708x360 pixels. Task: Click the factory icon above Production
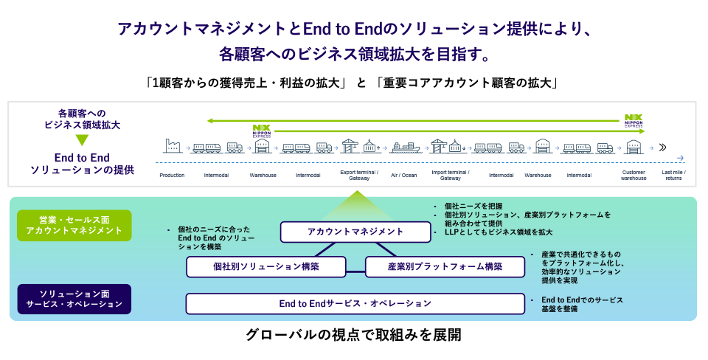[172, 145]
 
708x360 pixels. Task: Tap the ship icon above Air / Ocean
[405, 147]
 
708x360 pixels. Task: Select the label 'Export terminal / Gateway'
[358, 175]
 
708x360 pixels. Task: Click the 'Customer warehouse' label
[633, 175]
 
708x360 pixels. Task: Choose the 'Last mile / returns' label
[673, 175]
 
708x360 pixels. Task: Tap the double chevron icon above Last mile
[662, 147]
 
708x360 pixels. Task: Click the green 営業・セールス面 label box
[74, 225]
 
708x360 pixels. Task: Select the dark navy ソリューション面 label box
[74, 299]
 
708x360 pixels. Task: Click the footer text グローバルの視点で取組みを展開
[354, 336]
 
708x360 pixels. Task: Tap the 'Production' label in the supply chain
[172, 176]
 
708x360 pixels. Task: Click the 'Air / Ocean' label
[403, 176]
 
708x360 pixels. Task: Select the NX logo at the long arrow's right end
[634, 120]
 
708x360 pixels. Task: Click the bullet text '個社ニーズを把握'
[475, 206]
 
